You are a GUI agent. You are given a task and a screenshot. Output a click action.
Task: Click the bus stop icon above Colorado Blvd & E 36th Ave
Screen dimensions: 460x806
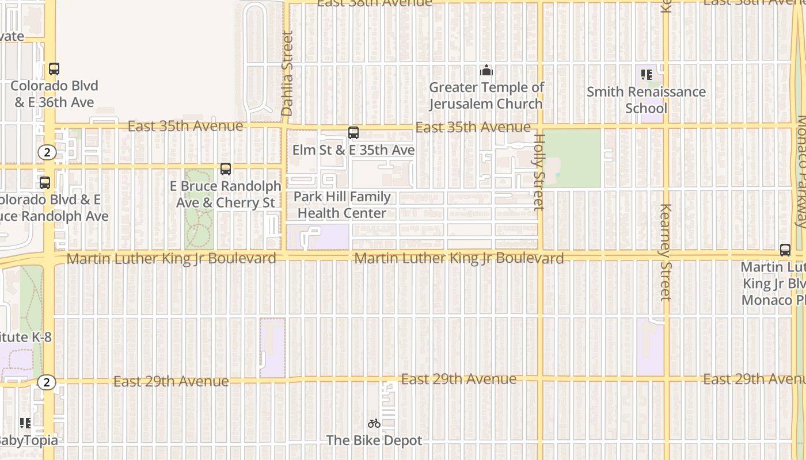pyautogui.click(x=54, y=69)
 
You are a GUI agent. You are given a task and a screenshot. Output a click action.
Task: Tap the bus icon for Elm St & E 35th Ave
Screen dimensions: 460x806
pyautogui.click(x=353, y=133)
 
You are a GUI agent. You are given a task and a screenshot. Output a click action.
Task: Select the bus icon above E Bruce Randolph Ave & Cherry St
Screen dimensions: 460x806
pyautogui.click(x=226, y=169)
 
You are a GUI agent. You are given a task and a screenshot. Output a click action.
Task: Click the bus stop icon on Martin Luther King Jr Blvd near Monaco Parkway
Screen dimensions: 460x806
pyautogui.click(x=785, y=250)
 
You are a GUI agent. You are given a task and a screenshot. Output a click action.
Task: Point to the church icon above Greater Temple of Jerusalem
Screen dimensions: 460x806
pyautogui.click(x=486, y=71)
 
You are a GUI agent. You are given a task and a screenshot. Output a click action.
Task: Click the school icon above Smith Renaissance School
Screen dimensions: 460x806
pyautogui.click(x=646, y=75)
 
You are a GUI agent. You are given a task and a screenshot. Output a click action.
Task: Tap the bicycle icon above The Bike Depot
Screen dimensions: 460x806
pyautogui.click(x=374, y=424)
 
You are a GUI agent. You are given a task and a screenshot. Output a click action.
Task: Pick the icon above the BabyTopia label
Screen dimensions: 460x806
pyautogui.click(x=25, y=424)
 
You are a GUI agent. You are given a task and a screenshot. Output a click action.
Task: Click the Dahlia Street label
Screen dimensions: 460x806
pyautogui.click(x=287, y=73)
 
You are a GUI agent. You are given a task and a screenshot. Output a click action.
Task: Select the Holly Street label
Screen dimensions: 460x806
pyautogui.click(x=539, y=172)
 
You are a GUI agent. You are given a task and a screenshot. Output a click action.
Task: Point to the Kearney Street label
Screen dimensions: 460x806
pyautogui.click(x=666, y=252)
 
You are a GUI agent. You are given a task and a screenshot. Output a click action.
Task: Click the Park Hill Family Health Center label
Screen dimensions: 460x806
pyautogui.click(x=342, y=205)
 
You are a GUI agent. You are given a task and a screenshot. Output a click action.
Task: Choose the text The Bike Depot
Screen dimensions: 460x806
pyautogui.click(x=374, y=440)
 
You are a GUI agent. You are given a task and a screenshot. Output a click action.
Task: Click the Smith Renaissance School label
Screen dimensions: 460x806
pyautogui.click(x=646, y=100)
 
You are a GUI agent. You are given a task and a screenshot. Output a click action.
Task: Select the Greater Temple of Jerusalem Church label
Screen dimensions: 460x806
pyautogui.click(x=486, y=95)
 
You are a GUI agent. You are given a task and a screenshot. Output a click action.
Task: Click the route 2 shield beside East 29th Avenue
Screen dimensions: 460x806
pyautogui.click(x=47, y=382)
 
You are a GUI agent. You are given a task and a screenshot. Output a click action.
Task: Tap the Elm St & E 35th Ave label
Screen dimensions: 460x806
pyautogui.click(x=353, y=150)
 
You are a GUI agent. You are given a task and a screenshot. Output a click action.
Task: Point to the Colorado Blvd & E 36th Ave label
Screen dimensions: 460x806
pyautogui.click(x=54, y=94)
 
